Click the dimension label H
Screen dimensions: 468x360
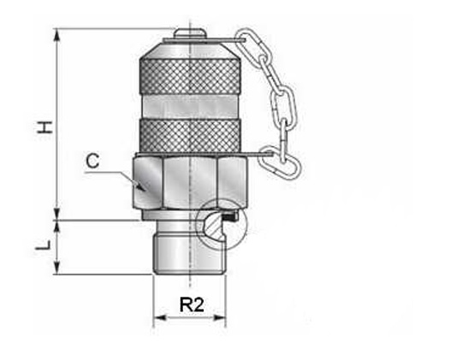coord(44,127)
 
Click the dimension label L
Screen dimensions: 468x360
coord(43,245)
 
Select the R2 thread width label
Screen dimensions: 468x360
coord(192,304)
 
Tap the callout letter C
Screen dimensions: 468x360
coord(92,161)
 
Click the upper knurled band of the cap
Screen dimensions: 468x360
coord(190,77)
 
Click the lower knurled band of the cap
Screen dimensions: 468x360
coord(190,136)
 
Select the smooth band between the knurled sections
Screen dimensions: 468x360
coord(190,107)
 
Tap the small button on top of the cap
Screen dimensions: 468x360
coord(190,32)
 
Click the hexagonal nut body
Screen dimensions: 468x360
coord(190,181)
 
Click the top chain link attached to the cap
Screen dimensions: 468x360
coord(247,42)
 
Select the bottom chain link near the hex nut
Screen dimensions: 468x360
coord(280,162)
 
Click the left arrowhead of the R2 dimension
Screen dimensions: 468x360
coord(160,317)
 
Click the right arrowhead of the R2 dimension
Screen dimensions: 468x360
coord(219,317)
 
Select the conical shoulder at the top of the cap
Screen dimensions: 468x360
coord(190,50)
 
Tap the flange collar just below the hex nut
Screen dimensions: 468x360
coord(167,215)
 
